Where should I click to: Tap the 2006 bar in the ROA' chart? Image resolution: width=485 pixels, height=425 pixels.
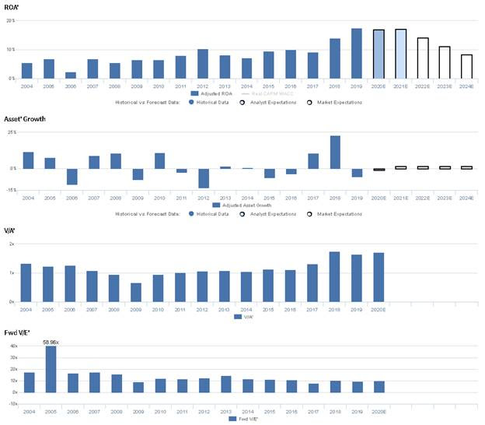(x=71, y=76)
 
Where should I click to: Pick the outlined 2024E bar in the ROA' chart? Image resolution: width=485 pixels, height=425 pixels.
(x=466, y=66)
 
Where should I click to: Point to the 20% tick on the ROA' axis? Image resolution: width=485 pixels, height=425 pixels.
(x=10, y=20)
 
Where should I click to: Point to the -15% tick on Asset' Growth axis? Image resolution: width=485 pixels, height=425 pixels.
(x=9, y=190)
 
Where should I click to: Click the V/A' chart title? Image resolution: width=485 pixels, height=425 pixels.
(x=10, y=231)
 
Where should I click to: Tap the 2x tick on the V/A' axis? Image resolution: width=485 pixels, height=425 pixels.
(x=11, y=244)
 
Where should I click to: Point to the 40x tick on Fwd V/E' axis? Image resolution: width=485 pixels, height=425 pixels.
(x=11, y=346)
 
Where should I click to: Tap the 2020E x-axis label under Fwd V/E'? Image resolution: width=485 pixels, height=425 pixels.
(x=378, y=410)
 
